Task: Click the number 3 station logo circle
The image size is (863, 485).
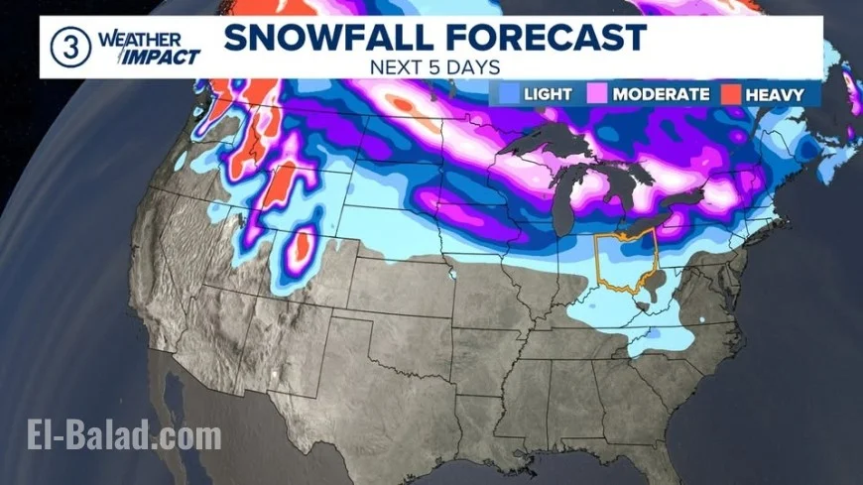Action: pos(67,47)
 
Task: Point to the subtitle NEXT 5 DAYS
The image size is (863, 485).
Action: pos(433,67)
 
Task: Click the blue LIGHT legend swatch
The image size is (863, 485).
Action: pos(509,94)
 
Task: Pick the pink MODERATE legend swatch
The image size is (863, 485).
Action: pos(599,94)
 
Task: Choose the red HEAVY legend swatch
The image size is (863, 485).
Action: pos(731,94)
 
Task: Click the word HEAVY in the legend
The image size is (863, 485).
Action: pos(780,94)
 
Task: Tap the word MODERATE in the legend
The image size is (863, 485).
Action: pos(661,94)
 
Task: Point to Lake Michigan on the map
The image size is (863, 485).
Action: pos(566,198)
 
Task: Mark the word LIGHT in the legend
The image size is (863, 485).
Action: pos(548,94)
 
